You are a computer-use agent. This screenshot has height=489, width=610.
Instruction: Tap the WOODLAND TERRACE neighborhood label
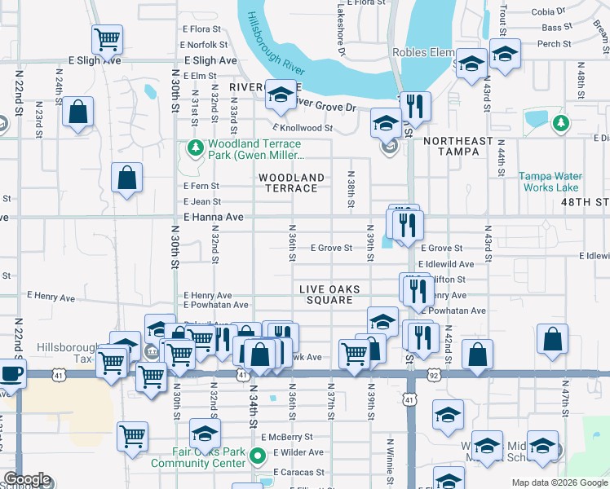click(292, 183)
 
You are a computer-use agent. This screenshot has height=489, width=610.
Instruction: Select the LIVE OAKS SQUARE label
click(326, 294)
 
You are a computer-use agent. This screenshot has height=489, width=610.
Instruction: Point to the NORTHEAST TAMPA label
click(458, 147)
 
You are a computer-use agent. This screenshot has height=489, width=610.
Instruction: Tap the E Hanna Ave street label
click(214, 218)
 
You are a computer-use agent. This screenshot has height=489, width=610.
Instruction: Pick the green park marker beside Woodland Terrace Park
click(195, 148)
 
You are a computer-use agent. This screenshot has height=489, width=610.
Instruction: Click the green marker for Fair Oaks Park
click(259, 456)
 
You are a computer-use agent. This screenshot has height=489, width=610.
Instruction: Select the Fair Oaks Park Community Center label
click(198, 457)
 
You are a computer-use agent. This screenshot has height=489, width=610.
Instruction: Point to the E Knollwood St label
click(303, 128)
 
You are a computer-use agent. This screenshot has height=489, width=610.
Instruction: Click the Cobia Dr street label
click(548, 11)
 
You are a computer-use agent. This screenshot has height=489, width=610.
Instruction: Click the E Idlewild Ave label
click(445, 264)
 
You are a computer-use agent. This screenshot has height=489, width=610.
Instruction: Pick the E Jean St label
click(202, 201)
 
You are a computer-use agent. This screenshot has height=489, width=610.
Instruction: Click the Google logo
click(27, 480)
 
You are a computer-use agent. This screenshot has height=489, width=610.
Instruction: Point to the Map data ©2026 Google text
click(559, 482)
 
